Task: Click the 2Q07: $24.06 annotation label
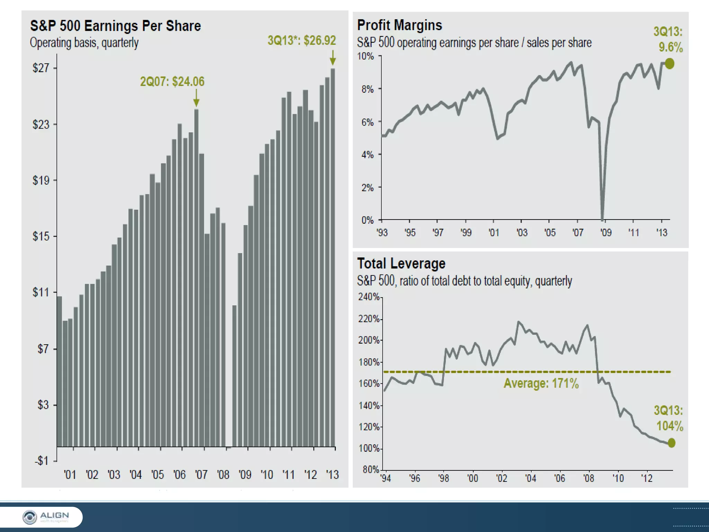point(172,82)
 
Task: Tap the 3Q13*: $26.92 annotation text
point(302,41)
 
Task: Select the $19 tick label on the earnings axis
point(41,180)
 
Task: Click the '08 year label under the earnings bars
point(223,475)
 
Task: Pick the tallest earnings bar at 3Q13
point(333,256)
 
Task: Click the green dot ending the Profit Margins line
point(670,64)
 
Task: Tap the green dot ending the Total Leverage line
point(671,443)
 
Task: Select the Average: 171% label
point(541,383)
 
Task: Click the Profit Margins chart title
point(400,25)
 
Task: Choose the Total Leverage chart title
point(401,264)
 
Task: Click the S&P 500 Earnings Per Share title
point(115,26)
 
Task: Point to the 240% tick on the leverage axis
point(369,297)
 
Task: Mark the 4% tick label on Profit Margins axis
point(368,154)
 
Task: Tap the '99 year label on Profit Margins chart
point(466,232)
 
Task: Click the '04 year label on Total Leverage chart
point(530,478)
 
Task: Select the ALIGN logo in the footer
point(46,517)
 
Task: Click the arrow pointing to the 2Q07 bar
point(196,98)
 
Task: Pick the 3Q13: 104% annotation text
point(669,418)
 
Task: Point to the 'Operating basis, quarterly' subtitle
point(84,43)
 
